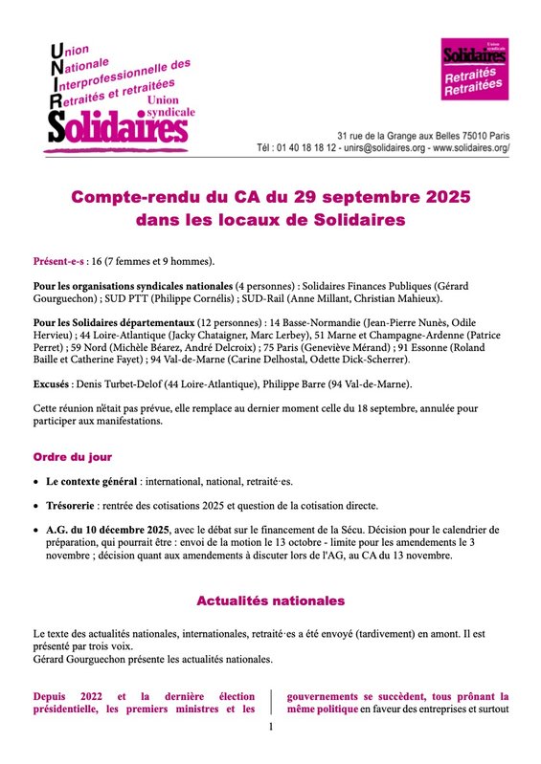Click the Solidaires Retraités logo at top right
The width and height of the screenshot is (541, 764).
click(x=471, y=71)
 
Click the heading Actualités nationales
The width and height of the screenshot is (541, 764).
click(x=270, y=601)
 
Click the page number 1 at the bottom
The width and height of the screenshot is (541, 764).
click(x=271, y=728)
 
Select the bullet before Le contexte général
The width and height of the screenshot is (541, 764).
click(x=36, y=481)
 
